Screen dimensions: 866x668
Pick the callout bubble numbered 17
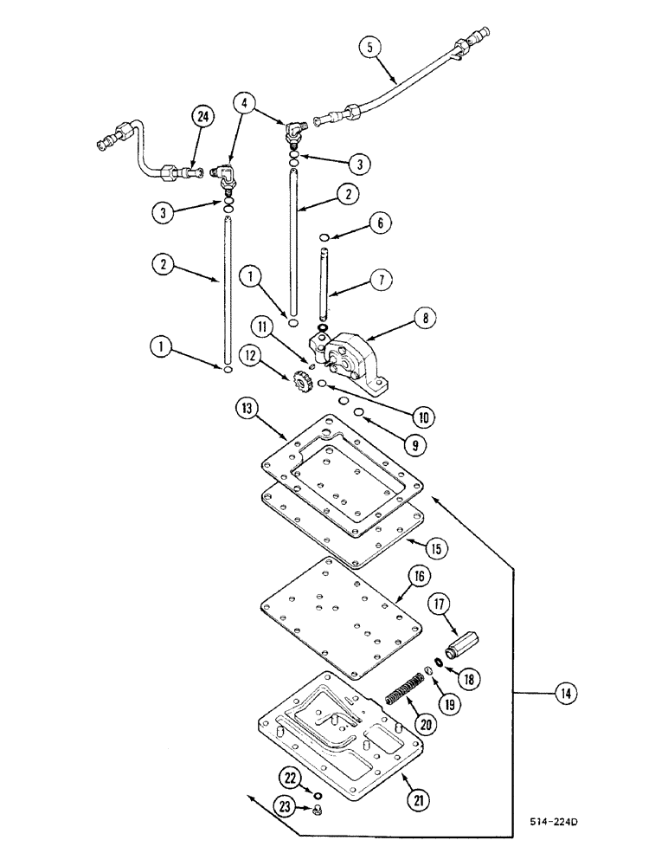(436, 604)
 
